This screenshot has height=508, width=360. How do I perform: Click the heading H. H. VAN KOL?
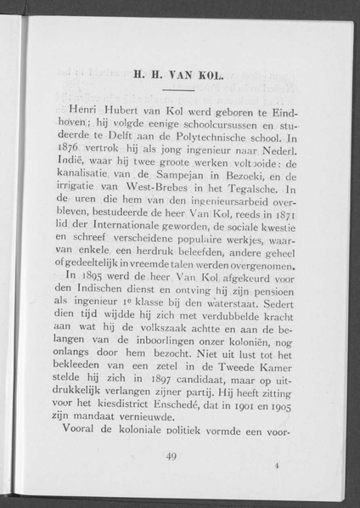[x=176, y=74]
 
